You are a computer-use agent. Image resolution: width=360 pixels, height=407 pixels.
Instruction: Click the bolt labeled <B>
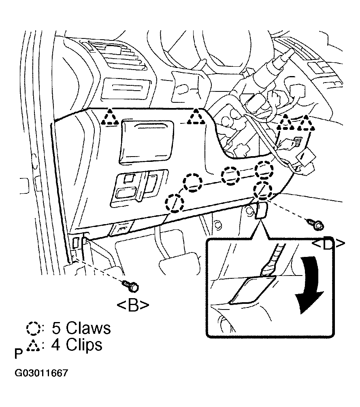coord(131,286)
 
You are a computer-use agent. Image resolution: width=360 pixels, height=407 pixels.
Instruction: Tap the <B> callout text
coord(133,306)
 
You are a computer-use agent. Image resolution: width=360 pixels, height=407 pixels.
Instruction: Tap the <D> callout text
coord(328,244)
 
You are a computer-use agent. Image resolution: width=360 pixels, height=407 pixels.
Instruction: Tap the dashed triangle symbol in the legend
coord(33,346)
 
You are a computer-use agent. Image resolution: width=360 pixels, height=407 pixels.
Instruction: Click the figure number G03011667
coord(41,373)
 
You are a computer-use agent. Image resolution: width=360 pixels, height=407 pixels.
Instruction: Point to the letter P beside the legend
coord(19,354)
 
